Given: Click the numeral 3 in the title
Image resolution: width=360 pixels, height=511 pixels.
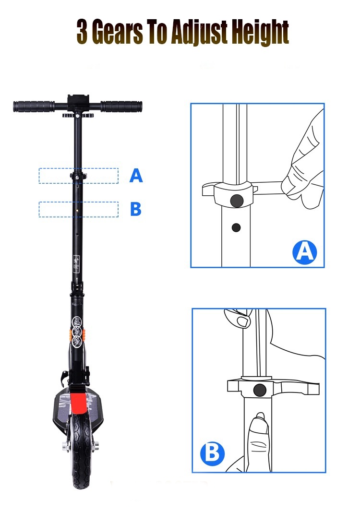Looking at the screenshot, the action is click(x=82, y=32).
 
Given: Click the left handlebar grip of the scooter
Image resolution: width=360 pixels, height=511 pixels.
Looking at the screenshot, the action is click(x=34, y=106).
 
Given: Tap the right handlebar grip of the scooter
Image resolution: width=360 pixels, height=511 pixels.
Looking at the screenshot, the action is click(x=121, y=106).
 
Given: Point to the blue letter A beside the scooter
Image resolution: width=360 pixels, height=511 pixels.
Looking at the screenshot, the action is click(x=136, y=176).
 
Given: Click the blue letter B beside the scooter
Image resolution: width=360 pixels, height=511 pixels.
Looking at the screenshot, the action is click(x=136, y=209).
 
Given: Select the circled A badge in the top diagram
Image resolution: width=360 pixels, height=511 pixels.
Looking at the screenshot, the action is click(x=305, y=252).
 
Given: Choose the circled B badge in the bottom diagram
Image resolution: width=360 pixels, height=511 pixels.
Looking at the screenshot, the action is click(x=212, y=453).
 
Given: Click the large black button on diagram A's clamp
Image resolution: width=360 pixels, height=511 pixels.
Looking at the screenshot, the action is click(x=237, y=201).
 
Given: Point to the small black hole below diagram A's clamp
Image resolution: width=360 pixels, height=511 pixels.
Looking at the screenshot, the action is click(x=236, y=227).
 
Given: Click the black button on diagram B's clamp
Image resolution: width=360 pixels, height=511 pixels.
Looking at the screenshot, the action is click(x=260, y=390).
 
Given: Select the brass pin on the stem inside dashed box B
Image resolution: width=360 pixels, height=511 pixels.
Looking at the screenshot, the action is click(x=77, y=211).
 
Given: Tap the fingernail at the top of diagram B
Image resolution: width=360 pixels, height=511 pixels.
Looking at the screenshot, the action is click(x=242, y=321).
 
